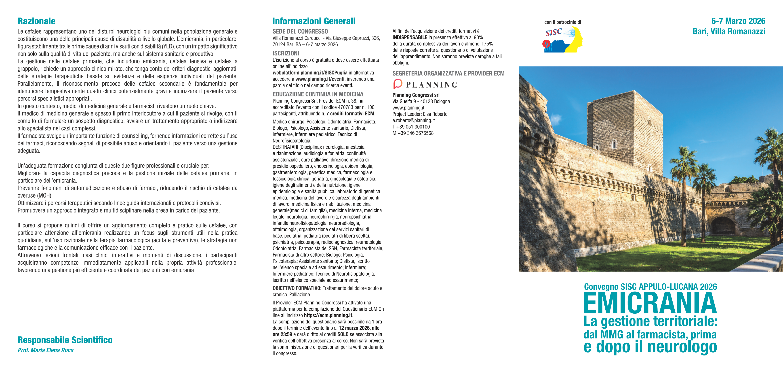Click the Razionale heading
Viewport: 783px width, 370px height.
(36, 21)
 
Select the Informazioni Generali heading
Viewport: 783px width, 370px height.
(314, 21)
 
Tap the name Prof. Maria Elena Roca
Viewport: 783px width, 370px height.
(46, 350)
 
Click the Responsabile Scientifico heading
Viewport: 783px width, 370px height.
(65, 340)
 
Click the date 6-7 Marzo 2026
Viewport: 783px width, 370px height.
(738, 21)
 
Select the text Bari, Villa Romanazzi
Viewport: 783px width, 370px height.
(729, 31)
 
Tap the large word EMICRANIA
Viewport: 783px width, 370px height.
(650, 303)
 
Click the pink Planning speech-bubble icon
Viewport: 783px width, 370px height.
(398, 84)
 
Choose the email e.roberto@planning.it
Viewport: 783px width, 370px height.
(413, 121)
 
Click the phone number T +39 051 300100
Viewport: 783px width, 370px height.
(411, 127)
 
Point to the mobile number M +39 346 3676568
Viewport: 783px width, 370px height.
(413, 133)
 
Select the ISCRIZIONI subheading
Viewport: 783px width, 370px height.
(286, 53)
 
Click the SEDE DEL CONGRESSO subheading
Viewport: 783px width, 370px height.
(300, 31)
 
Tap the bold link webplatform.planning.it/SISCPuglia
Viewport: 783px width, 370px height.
(310, 73)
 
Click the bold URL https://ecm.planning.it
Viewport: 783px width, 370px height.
(328, 316)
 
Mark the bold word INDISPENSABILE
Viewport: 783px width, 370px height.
(410, 37)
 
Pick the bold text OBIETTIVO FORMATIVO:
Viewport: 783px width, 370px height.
(297, 288)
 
